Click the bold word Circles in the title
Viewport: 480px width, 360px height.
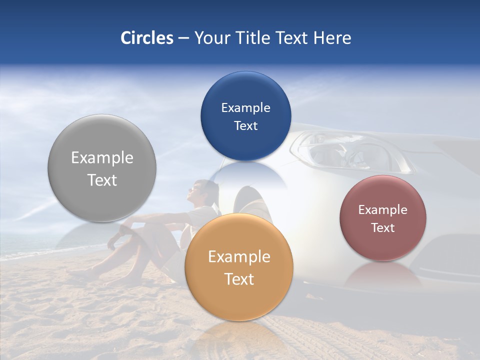pyautogui.click(x=146, y=38)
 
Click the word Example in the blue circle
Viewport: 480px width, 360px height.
pyautogui.click(x=245, y=108)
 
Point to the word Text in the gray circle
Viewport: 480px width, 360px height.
pyautogui.click(x=102, y=180)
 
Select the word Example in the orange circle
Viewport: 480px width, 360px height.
pyautogui.click(x=239, y=257)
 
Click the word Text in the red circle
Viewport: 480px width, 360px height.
pyautogui.click(x=383, y=228)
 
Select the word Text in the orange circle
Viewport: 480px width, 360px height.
pyautogui.click(x=239, y=279)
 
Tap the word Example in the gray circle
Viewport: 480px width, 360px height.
pyautogui.click(x=102, y=158)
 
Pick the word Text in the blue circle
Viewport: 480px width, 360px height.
pyautogui.click(x=245, y=126)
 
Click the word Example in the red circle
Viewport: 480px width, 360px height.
pyautogui.click(x=383, y=210)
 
